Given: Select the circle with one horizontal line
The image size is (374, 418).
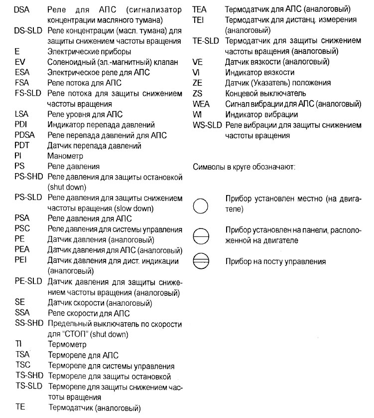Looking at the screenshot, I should [x=200, y=236].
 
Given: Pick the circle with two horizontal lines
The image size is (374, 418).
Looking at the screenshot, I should [x=200, y=261].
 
